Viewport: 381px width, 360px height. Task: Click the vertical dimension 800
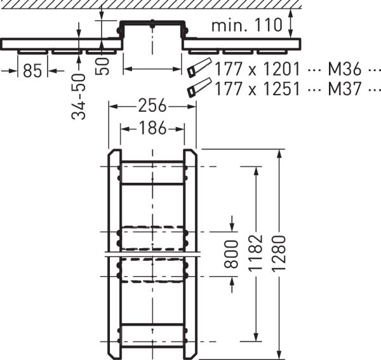(232, 254)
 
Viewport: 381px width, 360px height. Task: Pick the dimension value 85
(32, 70)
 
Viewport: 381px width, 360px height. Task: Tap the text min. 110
(246, 26)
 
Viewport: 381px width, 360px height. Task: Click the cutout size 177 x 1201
(257, 69)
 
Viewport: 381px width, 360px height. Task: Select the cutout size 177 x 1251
(257, 89)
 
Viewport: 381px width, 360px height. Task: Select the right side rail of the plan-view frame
(190, 254)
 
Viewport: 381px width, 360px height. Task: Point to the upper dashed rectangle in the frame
(152, 237)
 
